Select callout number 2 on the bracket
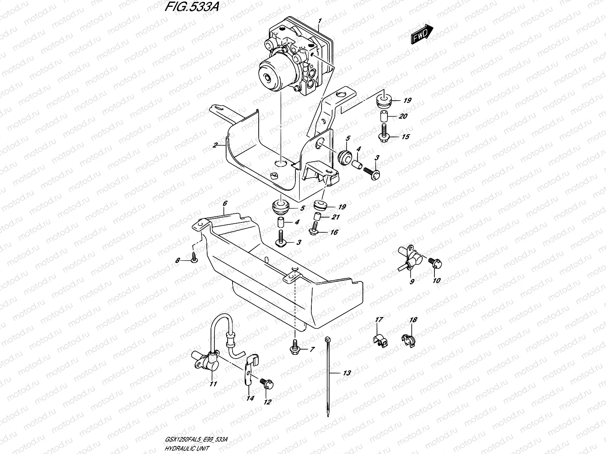(215, 145)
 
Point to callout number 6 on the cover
(225, 204)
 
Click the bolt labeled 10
(434, 263)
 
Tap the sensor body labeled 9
(411, 259)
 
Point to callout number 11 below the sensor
(213, 384)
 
